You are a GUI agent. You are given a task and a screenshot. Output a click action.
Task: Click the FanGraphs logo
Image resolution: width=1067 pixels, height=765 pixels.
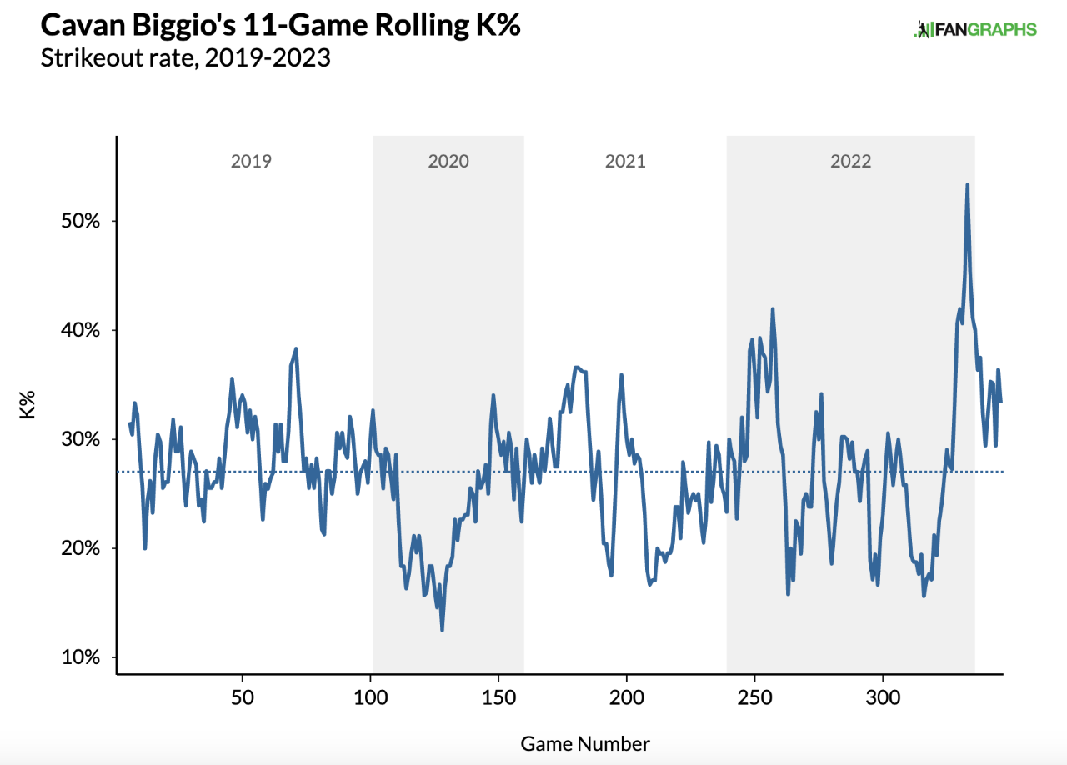point(975,30)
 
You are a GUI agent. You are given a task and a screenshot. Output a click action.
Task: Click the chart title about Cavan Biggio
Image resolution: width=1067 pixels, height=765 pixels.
point(281,26)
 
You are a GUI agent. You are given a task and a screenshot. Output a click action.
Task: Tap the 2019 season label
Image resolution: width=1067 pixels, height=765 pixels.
point(251,161)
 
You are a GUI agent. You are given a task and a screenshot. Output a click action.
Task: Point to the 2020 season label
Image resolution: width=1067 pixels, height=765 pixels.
point(448,161)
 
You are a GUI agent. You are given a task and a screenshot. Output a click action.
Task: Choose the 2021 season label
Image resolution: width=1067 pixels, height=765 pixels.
point(625,161)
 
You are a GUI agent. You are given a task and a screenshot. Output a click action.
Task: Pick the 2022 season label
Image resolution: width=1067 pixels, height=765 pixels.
point(850,161)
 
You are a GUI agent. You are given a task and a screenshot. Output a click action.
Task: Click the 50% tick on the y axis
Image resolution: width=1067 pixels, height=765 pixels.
point(81,221)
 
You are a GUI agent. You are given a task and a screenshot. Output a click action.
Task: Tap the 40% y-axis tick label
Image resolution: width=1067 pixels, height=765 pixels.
point(81,330)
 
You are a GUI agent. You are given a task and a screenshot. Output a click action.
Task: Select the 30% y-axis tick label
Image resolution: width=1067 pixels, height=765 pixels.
point(81,439)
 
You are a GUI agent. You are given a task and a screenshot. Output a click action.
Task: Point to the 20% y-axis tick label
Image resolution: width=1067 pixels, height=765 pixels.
point(81,548)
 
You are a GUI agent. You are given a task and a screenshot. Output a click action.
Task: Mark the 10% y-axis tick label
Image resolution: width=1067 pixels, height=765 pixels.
point(81,657)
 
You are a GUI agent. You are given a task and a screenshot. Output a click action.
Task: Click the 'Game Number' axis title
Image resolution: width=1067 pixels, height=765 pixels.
point(585,743)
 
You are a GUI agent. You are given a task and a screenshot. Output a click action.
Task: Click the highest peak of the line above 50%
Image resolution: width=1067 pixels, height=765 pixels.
point(967,185)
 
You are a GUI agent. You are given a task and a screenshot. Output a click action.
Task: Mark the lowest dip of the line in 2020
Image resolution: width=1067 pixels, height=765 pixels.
point(442,630)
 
